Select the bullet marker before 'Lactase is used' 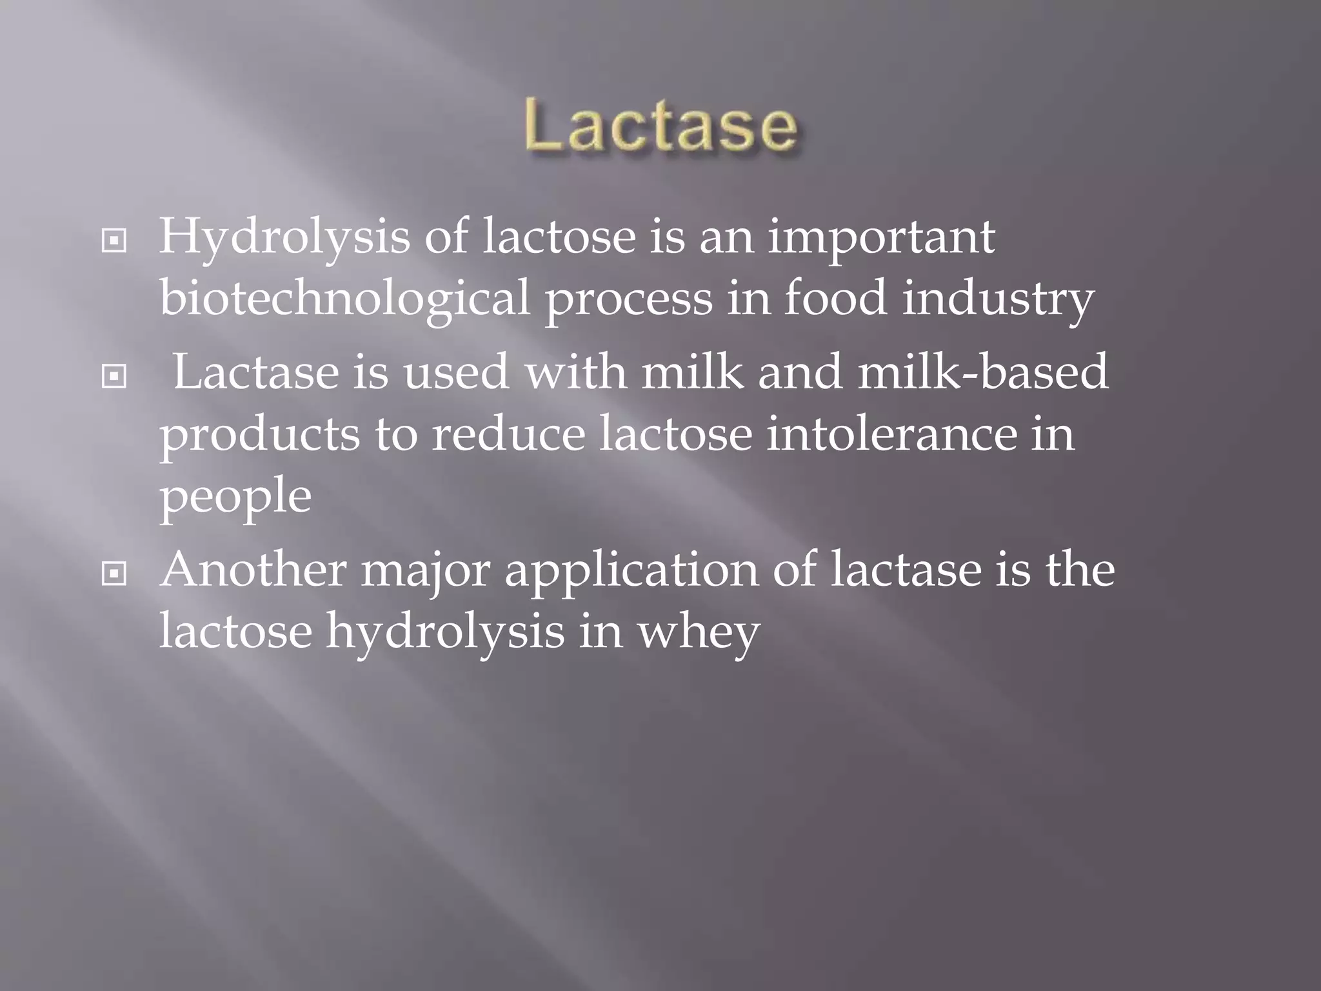click(x=114, y=377)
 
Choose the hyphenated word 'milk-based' click(x=983, y=372)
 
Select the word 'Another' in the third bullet click(x=253, y=570)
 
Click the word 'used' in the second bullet click(x=456, y=372)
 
